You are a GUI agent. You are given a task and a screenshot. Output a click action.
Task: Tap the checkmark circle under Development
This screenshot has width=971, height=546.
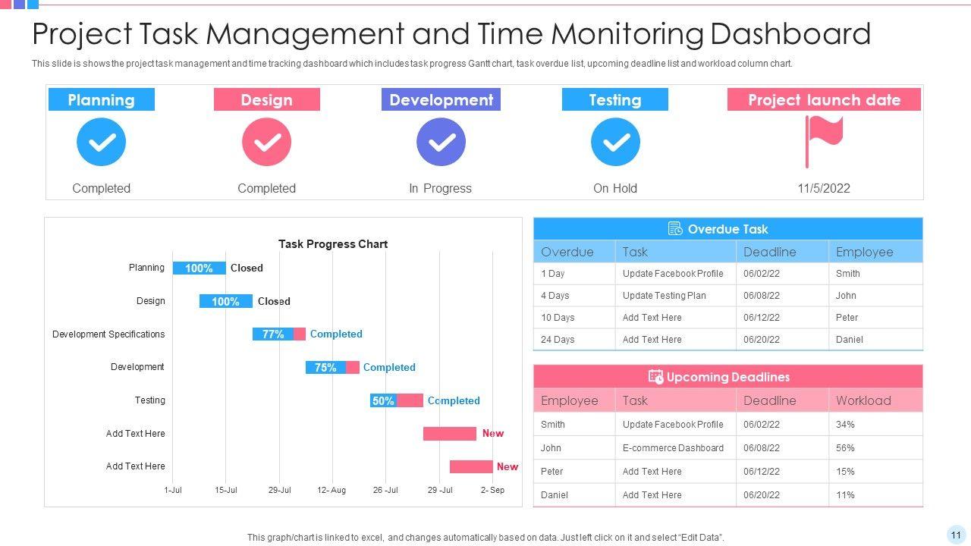441,142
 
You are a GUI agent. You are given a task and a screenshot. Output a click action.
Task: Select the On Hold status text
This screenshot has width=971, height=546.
614,188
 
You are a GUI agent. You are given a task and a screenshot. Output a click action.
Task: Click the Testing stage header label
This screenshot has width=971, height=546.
614,100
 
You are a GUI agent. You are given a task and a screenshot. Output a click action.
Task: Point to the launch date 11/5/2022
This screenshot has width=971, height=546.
823,188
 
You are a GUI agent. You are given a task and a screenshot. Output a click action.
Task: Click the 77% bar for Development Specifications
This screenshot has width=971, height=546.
273,334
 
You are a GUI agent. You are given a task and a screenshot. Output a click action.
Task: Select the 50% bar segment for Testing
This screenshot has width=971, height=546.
383,400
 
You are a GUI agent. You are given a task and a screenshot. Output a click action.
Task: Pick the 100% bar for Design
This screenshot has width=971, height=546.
225,301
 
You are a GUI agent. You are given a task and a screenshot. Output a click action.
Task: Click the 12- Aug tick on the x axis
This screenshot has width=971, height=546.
332,490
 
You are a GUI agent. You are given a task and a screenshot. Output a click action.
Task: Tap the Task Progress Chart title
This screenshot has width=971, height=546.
332,244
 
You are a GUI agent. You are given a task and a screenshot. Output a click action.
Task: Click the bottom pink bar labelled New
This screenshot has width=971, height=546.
471,466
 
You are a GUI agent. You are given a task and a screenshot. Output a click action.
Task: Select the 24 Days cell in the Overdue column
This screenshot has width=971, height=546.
558,340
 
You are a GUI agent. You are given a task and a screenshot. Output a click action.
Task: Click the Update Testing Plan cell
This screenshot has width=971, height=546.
664,296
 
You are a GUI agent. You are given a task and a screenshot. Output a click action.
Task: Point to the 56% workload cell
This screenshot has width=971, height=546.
845,448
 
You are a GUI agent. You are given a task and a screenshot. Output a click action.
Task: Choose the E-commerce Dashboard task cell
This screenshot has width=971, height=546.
673,448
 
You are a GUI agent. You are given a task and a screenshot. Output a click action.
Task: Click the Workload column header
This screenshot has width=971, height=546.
863,400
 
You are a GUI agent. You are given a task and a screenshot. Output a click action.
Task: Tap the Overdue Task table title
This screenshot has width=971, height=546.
727,229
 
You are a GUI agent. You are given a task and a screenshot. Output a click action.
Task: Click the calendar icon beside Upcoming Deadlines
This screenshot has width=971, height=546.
655,377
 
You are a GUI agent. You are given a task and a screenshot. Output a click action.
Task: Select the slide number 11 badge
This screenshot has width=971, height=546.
956,535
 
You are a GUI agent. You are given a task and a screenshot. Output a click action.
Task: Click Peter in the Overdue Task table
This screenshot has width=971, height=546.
847,318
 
